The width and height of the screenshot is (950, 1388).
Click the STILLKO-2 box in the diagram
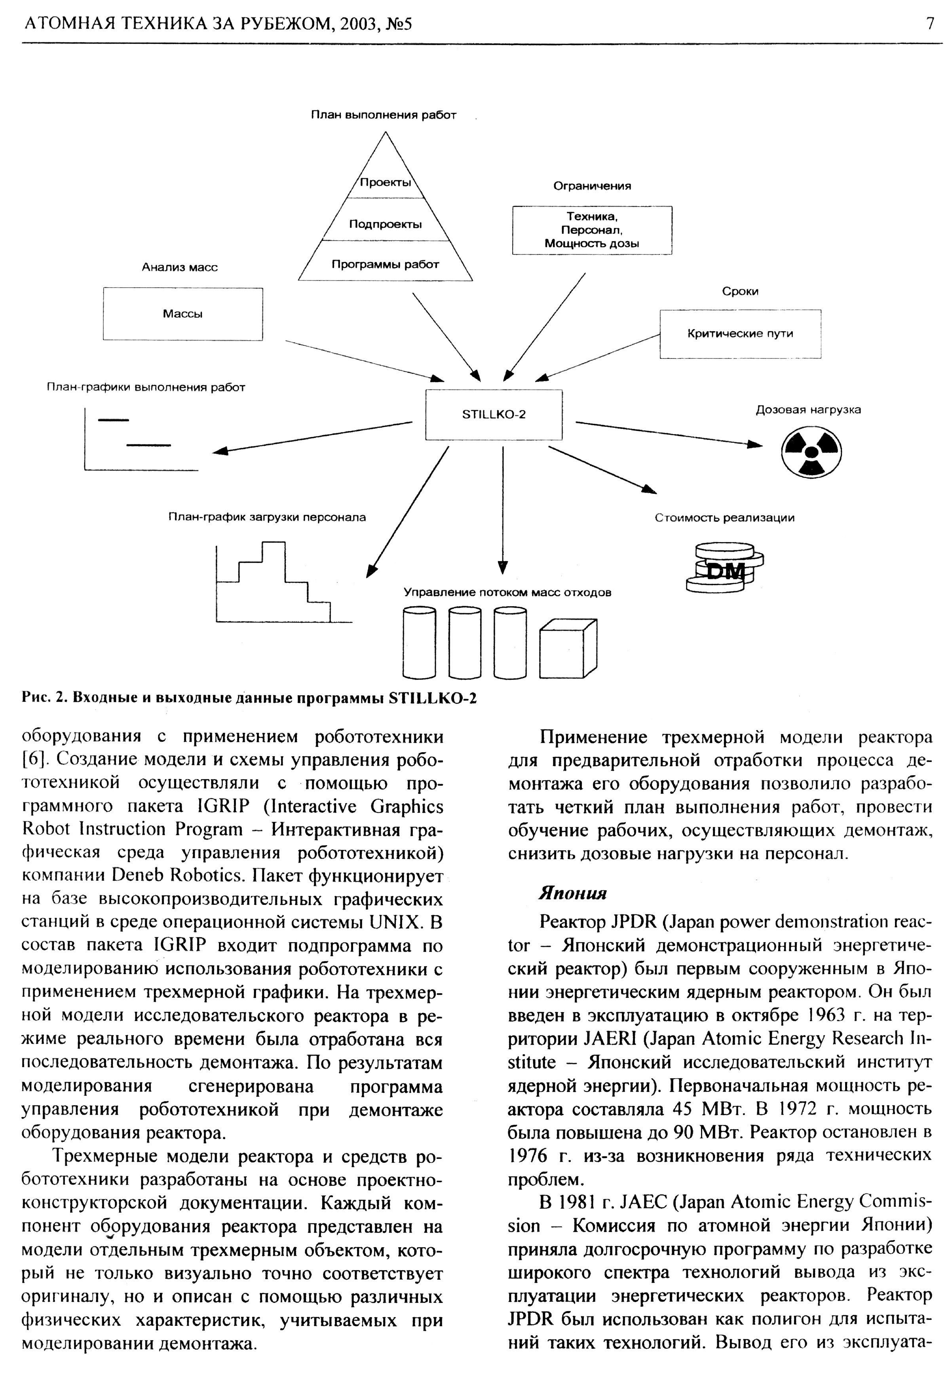494,415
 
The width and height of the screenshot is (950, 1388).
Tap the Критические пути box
740,334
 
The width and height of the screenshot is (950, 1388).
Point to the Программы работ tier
386,264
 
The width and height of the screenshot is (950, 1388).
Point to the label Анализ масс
179,267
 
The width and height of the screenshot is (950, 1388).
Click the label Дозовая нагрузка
808,410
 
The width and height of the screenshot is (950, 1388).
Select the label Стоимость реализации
724,518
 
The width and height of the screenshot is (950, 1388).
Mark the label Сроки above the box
740,292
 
